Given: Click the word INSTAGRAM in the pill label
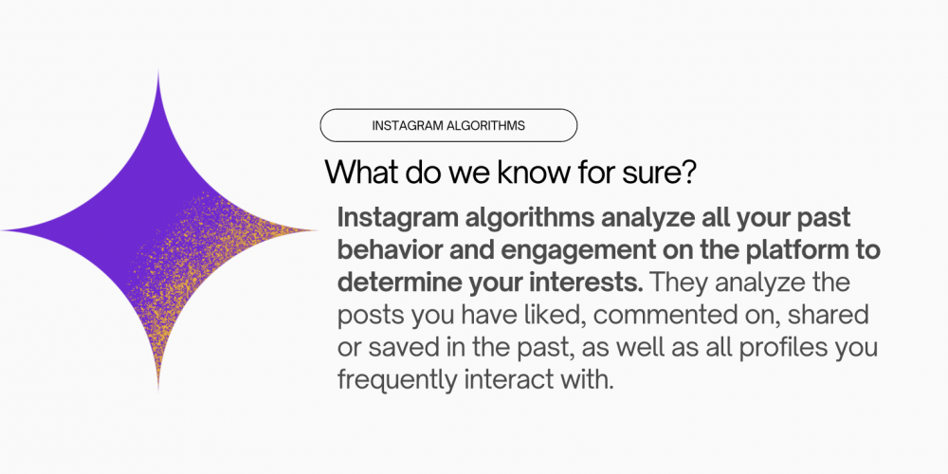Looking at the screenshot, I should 406,125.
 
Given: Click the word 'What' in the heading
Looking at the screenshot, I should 355,173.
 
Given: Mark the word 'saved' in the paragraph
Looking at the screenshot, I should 395,348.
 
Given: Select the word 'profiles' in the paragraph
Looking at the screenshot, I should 776,348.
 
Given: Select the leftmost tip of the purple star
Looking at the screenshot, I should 4,230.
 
